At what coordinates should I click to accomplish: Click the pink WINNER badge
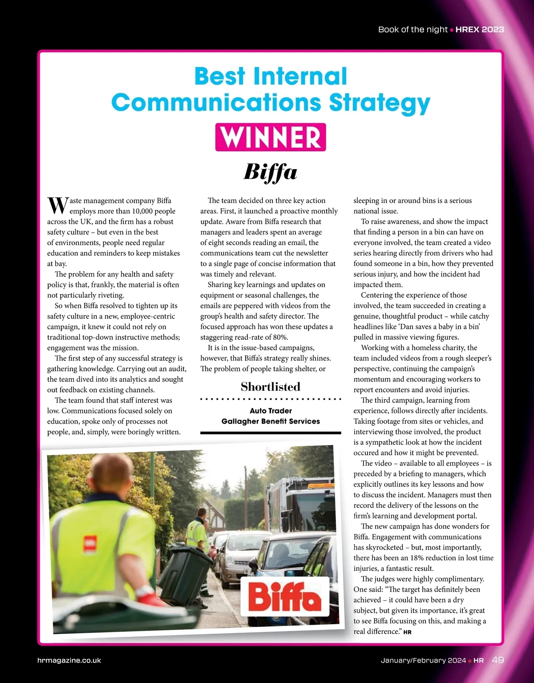coord(271,137)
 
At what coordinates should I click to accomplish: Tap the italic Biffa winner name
coord(271,172)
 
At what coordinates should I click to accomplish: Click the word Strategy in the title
coord(380,103)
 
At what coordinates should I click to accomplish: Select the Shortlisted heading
coord(271,387)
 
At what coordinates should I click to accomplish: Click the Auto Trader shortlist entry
coord(271,411)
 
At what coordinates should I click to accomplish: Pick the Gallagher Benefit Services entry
coord(271,421)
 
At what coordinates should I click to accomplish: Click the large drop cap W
coord(57,206)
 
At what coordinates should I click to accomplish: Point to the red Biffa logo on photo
coord(285,596)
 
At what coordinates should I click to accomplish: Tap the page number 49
coord(498,660)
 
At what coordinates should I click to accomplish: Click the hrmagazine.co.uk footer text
coord(69,660)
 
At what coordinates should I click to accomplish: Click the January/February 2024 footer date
coord(423,660)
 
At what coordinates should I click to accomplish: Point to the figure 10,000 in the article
coord(142,211)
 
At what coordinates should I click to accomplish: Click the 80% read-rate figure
coord(279,337)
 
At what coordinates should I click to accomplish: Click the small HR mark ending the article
coord(407,632)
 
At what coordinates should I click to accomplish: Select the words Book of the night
coord(413,29)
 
